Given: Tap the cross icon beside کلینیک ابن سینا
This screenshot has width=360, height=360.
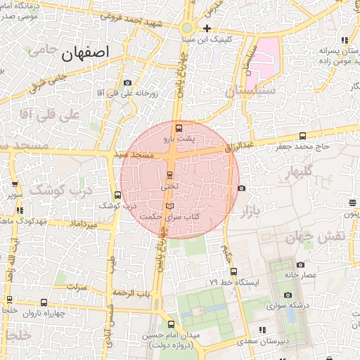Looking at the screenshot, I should [207, 29].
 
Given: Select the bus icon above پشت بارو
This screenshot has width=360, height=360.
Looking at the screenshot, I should [179, 128].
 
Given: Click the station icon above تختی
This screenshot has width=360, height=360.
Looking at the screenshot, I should [169, 174].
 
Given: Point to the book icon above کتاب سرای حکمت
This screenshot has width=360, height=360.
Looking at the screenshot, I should [168, 205].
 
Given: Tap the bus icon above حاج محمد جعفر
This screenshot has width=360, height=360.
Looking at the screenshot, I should [302, 136].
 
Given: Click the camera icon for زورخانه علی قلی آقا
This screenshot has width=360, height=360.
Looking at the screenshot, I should [127, 83].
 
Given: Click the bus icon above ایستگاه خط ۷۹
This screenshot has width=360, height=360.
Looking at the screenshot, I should [233, 271].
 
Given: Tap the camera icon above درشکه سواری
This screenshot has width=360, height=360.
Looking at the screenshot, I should [288, 295].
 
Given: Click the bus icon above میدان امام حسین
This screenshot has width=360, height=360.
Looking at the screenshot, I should [172, 324].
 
